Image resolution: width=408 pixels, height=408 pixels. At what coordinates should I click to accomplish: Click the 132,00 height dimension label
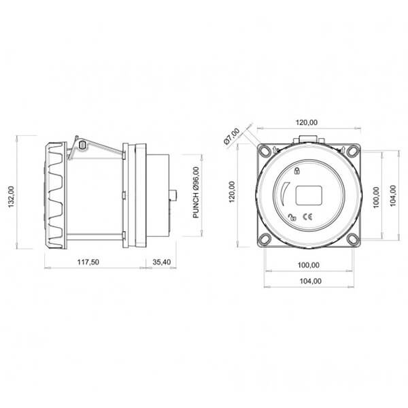point(12,197)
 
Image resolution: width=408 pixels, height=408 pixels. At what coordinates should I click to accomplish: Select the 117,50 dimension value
point(88,262)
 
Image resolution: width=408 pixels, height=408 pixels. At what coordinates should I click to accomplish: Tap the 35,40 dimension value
point(162,262)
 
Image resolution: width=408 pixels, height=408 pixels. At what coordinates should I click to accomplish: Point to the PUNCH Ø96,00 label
point(197,192)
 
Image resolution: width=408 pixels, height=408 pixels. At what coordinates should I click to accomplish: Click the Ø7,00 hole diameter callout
point(232,136)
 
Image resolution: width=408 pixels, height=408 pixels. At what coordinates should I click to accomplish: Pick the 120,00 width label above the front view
point(307,122)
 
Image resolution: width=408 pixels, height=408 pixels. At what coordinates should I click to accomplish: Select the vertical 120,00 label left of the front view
point(232,192)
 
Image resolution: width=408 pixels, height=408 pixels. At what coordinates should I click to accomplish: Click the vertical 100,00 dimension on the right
point(376,197)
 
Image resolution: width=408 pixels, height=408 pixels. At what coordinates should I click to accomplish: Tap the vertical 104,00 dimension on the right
point(393,196)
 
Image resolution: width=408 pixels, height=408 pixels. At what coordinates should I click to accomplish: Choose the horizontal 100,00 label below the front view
point(309,265)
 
